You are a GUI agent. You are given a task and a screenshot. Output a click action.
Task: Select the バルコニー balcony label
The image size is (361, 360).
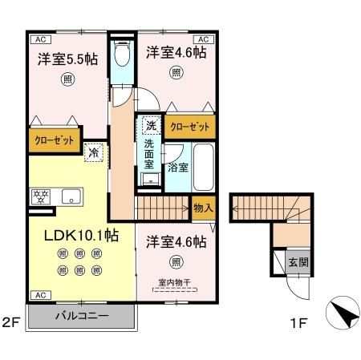(82, 315)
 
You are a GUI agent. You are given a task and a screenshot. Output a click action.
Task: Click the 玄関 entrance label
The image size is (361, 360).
(298, 262)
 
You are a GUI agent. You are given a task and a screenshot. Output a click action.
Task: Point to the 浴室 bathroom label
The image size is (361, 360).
(177, 168)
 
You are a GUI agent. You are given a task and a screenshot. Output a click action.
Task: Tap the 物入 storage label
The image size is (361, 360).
(204, 207)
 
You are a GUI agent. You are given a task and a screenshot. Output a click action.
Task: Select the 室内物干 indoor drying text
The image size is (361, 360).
(175, 281)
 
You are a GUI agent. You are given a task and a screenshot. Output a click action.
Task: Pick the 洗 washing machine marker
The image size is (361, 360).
(151, 125)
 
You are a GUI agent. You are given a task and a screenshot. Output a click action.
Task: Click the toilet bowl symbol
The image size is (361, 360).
(122, 55)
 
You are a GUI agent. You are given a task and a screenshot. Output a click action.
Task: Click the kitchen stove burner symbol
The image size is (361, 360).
(40, 195)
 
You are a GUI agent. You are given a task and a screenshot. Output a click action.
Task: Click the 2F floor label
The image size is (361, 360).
(10, 324)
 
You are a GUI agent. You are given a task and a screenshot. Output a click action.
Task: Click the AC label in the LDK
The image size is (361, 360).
(38, 295)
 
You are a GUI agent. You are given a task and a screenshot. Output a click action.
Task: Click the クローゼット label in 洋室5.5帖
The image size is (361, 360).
(55, 139)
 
